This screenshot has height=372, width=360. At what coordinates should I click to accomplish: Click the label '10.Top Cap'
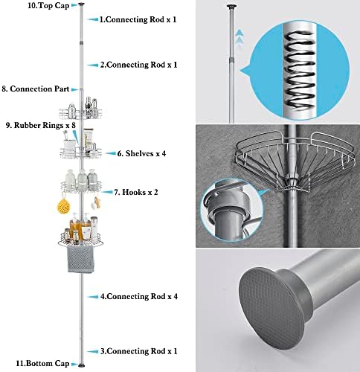pos(48,5)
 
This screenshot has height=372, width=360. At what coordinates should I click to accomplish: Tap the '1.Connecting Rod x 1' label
pos(138,19)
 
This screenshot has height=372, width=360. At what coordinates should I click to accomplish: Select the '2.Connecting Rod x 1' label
pos(139,65)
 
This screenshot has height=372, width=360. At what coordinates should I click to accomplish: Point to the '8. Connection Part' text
pos(36,89)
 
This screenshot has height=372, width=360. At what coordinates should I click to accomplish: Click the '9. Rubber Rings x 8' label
pos(41,125)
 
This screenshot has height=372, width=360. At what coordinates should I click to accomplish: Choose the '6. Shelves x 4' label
pos(141,153)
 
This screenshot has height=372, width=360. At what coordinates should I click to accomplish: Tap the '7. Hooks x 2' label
pos(136,192)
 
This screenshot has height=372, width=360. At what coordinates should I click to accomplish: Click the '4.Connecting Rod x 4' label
pos(139,297)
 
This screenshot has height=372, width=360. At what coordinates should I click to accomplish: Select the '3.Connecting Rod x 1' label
pos(139,351)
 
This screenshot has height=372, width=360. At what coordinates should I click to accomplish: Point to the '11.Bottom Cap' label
pos(42,364)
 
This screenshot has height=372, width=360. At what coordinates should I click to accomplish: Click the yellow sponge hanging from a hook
pos(64,206)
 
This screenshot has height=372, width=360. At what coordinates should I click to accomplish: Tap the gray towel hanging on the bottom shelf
pos(81,259)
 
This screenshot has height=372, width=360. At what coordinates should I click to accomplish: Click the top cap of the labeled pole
pos(81,4)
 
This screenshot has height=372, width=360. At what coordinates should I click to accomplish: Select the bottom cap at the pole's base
pos(81,365)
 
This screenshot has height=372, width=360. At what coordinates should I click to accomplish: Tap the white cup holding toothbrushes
pos(69,145)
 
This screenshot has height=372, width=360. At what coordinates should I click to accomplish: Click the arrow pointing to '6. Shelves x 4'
pos(110,153)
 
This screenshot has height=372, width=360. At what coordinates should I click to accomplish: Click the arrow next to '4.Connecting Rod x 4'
pos(93,297)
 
